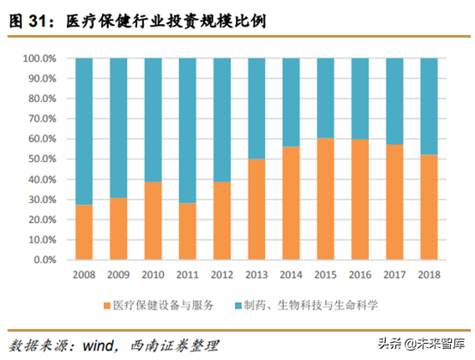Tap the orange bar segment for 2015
[x=326, y=198]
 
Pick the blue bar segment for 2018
[x=430, y=106]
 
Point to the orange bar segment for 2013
[x=256, y=208]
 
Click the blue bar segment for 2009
[x=118, y=128]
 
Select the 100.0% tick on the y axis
[x=38, y=58]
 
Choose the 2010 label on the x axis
[x=153, y=275]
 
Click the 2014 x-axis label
[x=291, y=275]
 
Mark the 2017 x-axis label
[x=394, y=275]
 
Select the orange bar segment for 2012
[x=222, y=220]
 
